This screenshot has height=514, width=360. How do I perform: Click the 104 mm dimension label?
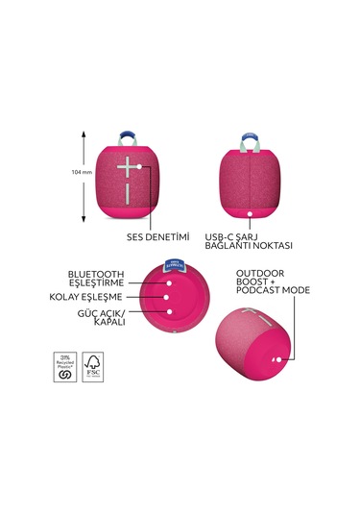coord(82,173)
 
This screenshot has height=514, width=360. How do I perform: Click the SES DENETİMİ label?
coord(159,235)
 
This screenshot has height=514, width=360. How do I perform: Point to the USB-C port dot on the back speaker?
coord(252,213)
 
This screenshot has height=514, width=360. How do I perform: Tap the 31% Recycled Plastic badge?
coord(64,365)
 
